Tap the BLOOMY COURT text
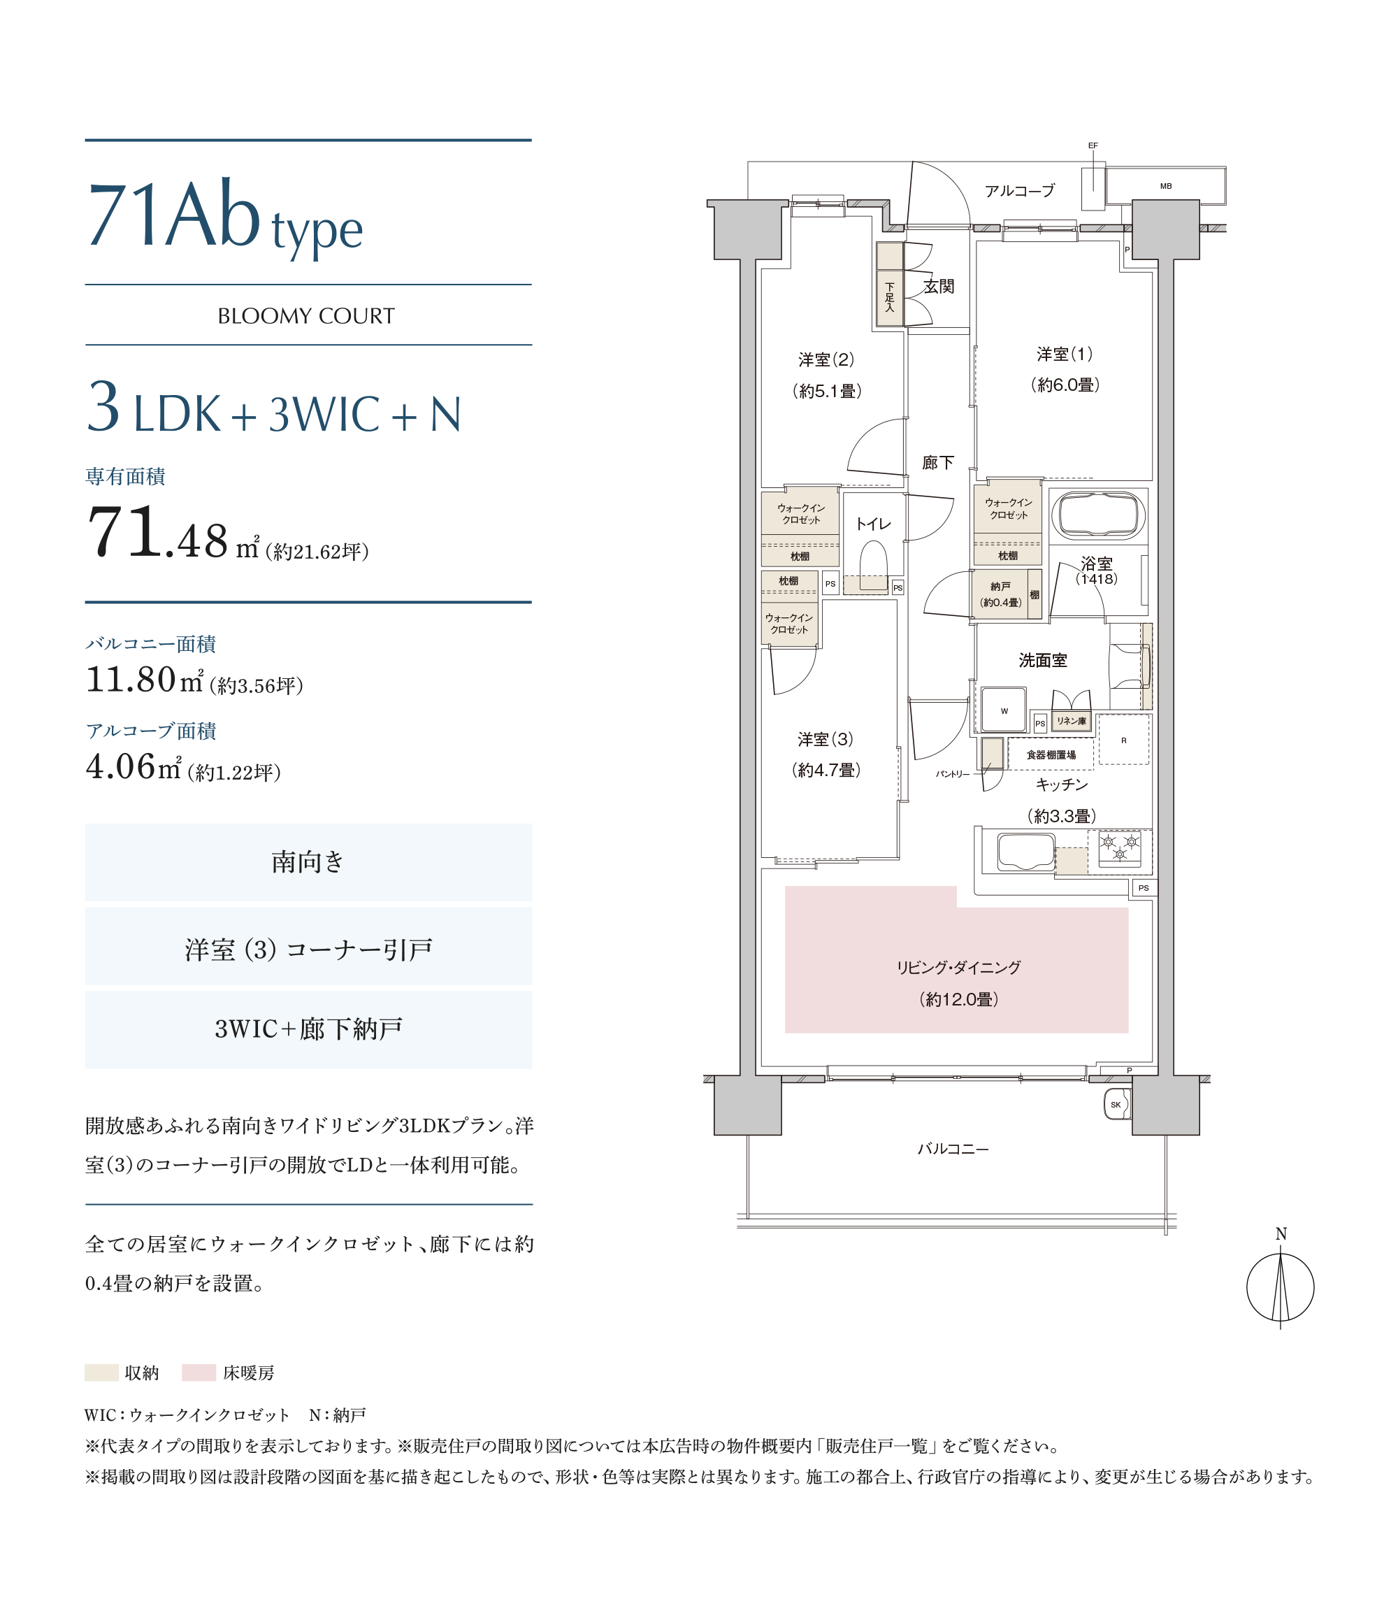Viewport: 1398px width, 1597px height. pyautogui.click(x=306, y=316)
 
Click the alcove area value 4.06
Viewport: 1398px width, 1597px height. pyautogui.click(x=120, y=766)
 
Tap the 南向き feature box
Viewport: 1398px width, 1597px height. pyautogui.click(x=308, y=862)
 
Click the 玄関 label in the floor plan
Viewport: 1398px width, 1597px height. pyautogui.click(x=939, y=286)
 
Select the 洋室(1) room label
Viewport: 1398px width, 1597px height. pyautogui.click(x=1064, y=355)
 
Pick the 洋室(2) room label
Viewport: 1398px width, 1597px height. pyautogui.click(x=826, y=359)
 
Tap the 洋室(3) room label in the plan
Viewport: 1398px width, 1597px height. pyautogui.click(x=826, y=739)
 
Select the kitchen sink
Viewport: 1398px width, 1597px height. pyautogui.click(x=1026, y=851)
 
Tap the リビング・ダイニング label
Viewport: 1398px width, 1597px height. pyautogui.click(x=958, y=968)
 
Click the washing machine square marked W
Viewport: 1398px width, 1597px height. pyautogui.click(x=1003, y=710)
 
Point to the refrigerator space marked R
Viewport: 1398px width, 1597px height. pyautogui.click(x=1123, y=740)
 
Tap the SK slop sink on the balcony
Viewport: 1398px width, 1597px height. pyautogui.click(x=1116, y=1104)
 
